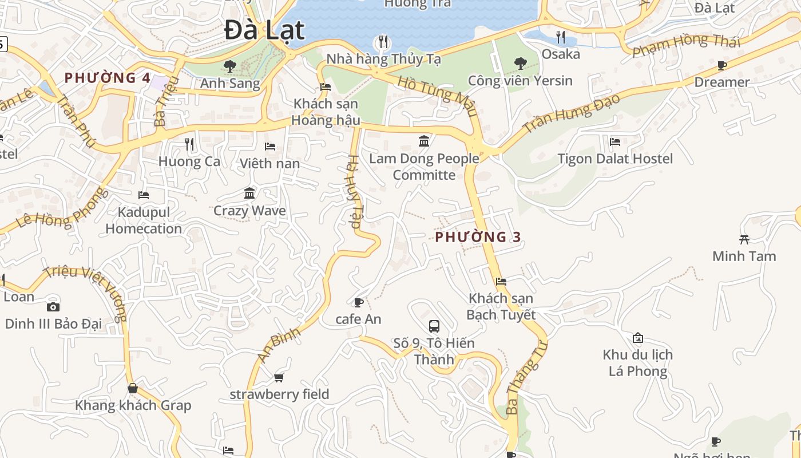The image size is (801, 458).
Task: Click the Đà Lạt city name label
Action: [x=264, y=30]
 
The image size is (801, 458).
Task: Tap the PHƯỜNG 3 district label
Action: [x=478, y=237]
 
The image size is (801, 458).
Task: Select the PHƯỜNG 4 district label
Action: [x=108, y=78]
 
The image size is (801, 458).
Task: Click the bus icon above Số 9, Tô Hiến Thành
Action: [x=434, y=326]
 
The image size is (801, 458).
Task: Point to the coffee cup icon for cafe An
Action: [x=359, y=302]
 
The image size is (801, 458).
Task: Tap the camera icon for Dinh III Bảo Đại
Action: [x=53, y=307]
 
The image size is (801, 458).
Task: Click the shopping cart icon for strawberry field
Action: [x=279, y=377]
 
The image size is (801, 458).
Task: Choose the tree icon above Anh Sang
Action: [x=230, y=66]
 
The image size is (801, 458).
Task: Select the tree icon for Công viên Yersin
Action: [x=520, y=63]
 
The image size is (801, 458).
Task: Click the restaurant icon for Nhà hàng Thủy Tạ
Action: [x=383, y=42]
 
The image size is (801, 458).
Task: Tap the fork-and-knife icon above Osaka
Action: [x=561, y=37]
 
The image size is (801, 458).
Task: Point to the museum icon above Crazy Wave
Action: [x=249, y=194]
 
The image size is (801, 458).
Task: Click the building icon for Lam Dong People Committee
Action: [x=424, y=141]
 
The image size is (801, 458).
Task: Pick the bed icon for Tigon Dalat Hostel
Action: [x=615, y=141]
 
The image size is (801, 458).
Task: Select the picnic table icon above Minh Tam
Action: [x=744, y=239]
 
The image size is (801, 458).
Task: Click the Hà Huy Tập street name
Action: [x=354, y=193]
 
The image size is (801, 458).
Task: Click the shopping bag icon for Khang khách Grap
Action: [x=133, y=388]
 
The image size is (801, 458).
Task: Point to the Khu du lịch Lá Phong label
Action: [x=637, y=363]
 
